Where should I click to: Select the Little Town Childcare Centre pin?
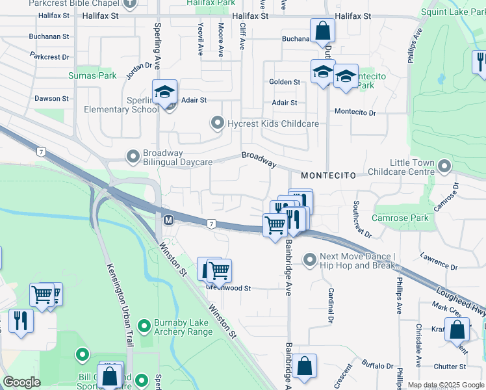[x=444, y=166]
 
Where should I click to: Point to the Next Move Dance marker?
[x=309, y=260]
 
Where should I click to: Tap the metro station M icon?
[x=168, y=221]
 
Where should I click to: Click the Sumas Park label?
[x=93, y=75]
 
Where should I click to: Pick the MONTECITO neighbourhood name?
[x=328, y=176]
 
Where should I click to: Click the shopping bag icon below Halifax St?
[x=322, y=31]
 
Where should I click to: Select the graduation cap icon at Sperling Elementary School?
[x=165, y=91]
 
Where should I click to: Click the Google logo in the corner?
[x=21, y=382]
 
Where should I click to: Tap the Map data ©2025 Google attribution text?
[x=445, y=385]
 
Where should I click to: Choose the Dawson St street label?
[x=52, y=99]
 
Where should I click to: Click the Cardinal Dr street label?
[x=330, y=306]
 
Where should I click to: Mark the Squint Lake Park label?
[x=452, y=12]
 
